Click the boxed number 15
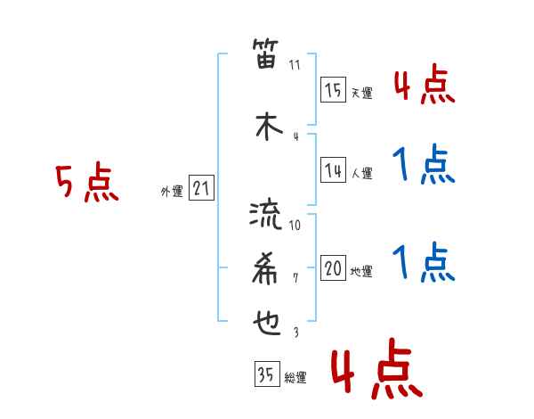tap(334, 90)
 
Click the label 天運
tap(361, 92)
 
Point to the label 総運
tap(295, 377)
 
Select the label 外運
tap(171, 191)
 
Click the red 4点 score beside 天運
tap(424, 86)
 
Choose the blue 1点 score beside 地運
tap(424, 264)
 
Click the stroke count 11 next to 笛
tap(295, 65)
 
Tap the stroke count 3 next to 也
tap(295, 332)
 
